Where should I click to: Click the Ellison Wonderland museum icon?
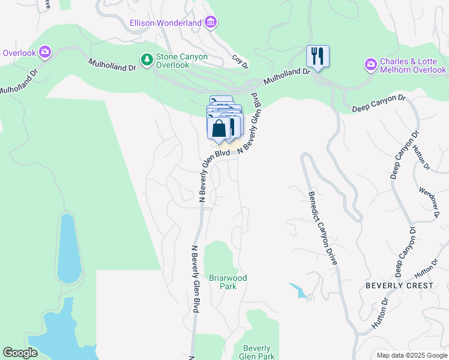click(211, 23)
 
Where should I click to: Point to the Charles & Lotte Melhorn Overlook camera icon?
click(371, 64)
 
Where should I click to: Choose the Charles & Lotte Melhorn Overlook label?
click(412, 66)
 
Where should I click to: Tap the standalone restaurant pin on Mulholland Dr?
click(318, 56)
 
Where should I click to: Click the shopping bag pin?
click(218, 128)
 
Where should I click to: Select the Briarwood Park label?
click(228, 282)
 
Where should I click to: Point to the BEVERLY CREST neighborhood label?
click(399, 286)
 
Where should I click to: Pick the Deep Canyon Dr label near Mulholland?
click(379, 103)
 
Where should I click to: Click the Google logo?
click(20, 353)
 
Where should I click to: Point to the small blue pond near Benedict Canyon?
click(298, 290)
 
